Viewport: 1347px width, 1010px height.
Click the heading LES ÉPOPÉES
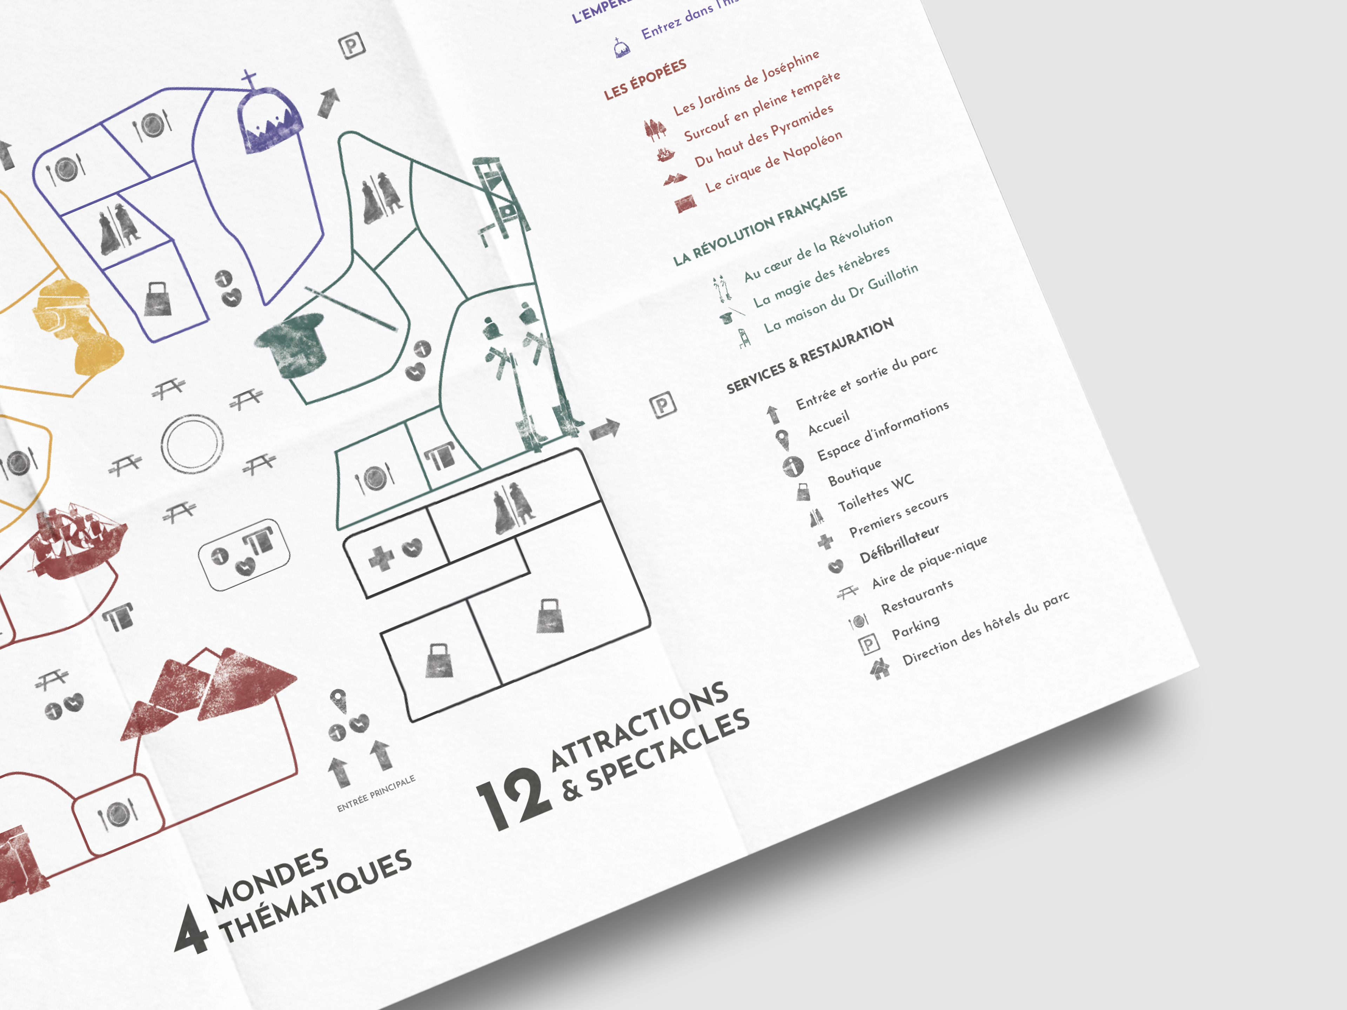point(645,79)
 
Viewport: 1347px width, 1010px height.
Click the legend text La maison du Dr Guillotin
point(841,298)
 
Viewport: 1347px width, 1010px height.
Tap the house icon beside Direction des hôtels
point(880,668)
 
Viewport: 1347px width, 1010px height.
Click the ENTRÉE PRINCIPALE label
point(376,793)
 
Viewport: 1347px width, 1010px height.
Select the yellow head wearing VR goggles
point(76,323)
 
